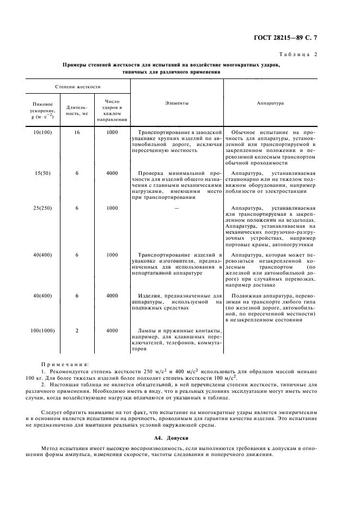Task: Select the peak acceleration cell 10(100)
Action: [x=42, y=132]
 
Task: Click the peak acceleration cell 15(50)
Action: [x=42, y=173]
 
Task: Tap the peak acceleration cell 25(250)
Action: [x=42, y=208]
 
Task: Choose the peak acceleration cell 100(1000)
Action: [x=42, y=330]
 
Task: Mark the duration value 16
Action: [x=77, y=132]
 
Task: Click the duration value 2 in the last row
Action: [x=77, y=330]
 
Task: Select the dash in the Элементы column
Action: [x=176, y=208]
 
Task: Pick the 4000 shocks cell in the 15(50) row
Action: [x=112, y=173]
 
